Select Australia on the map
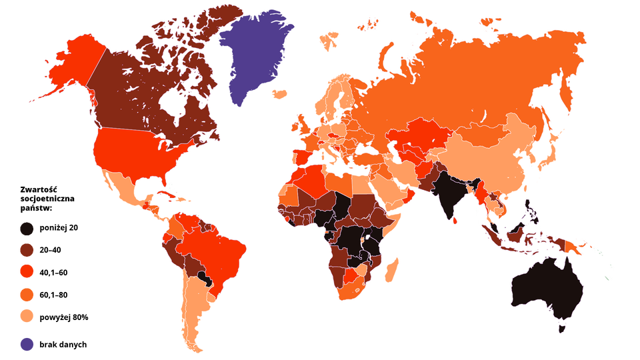(547, 287)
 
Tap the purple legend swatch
(27, 344)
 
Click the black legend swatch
(27, 229)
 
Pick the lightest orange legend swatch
(27, 314)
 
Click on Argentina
(193, 307)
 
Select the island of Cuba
(169, 194)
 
